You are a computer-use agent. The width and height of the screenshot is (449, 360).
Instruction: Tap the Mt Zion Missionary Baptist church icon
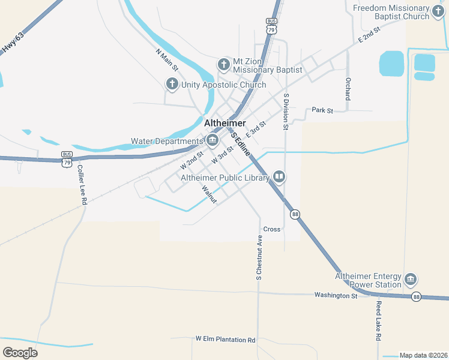(224, 63)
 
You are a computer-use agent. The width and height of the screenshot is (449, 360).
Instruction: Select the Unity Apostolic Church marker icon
(172, 84)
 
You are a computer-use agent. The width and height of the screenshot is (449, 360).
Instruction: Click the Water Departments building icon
(212, 141)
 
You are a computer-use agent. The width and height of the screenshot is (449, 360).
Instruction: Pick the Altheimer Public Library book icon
(279, 177)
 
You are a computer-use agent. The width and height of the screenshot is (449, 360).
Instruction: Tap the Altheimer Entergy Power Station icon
(411, 280)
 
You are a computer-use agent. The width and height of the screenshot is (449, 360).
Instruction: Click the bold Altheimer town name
(225, 123)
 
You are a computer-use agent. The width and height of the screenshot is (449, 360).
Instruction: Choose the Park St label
(322, 110)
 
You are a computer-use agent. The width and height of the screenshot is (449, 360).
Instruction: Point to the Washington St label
(336, 296)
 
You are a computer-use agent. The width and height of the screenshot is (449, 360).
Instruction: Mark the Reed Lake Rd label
(379, 322)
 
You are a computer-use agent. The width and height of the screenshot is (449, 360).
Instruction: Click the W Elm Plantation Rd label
(225, 340)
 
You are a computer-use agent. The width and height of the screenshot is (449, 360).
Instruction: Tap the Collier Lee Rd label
(82, 186)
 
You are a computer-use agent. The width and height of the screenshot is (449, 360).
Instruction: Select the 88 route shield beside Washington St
(417, 296)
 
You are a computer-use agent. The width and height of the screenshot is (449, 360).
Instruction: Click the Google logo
(20, 352)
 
